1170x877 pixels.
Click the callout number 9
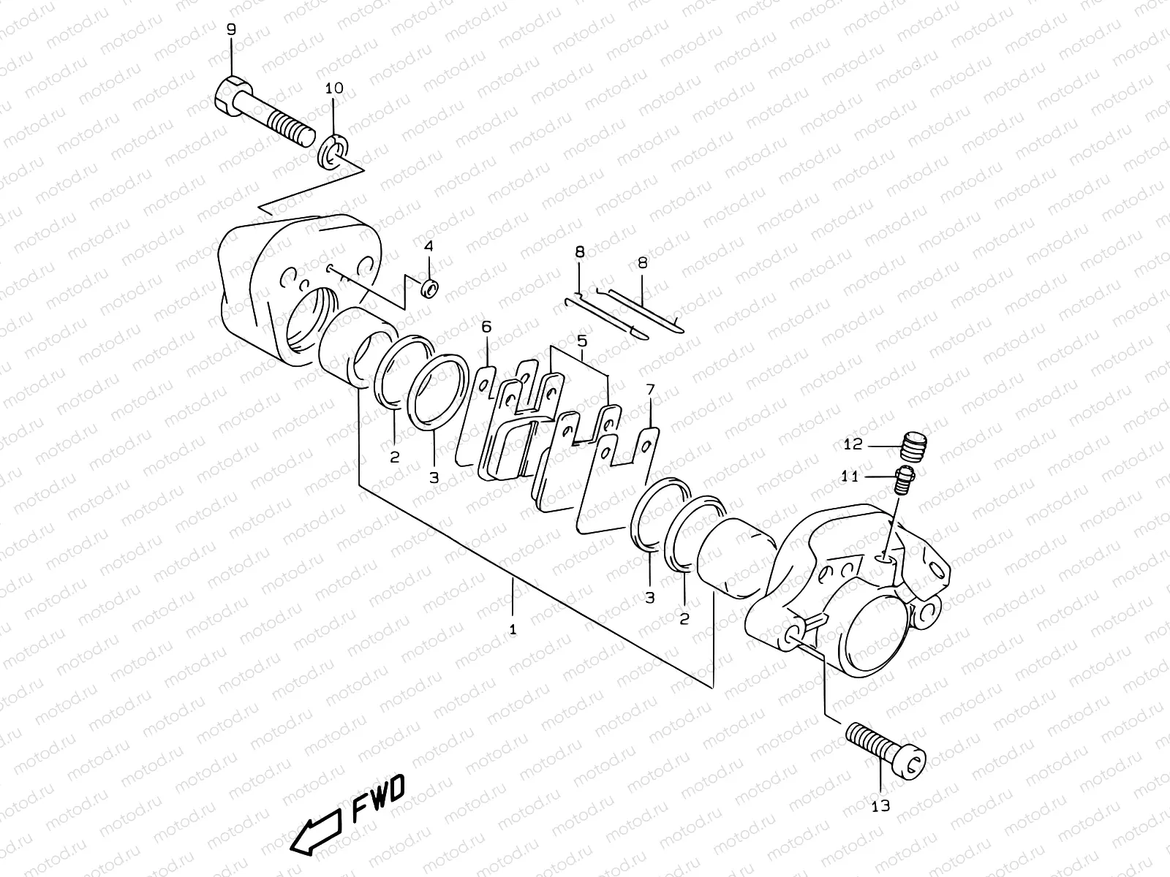pyautogui.click(x=232, y=30)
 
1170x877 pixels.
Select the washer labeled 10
pyautogui.click(x=334, y=150)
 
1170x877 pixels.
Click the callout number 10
pyautogui.click(x=334, y=88)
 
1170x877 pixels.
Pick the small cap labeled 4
pyautogui.click(x=431, y=287)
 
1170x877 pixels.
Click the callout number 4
pyautogui.click(x=429, y=246)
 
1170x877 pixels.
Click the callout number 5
pyautogui.click(x=582, y=341)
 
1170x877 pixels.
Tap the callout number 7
pyautogui.click(x=650, y=392)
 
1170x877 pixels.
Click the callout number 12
pyautogui.click(x=853, y=444)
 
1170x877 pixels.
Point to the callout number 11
pyautogui.click(x=849, y=477)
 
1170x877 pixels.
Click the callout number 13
pyautogui.click(x=880, y=806)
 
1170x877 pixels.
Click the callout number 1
pyautogui.click(x=513, y=629)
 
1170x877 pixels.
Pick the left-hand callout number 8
pyautogui.click(x=579, y=252)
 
